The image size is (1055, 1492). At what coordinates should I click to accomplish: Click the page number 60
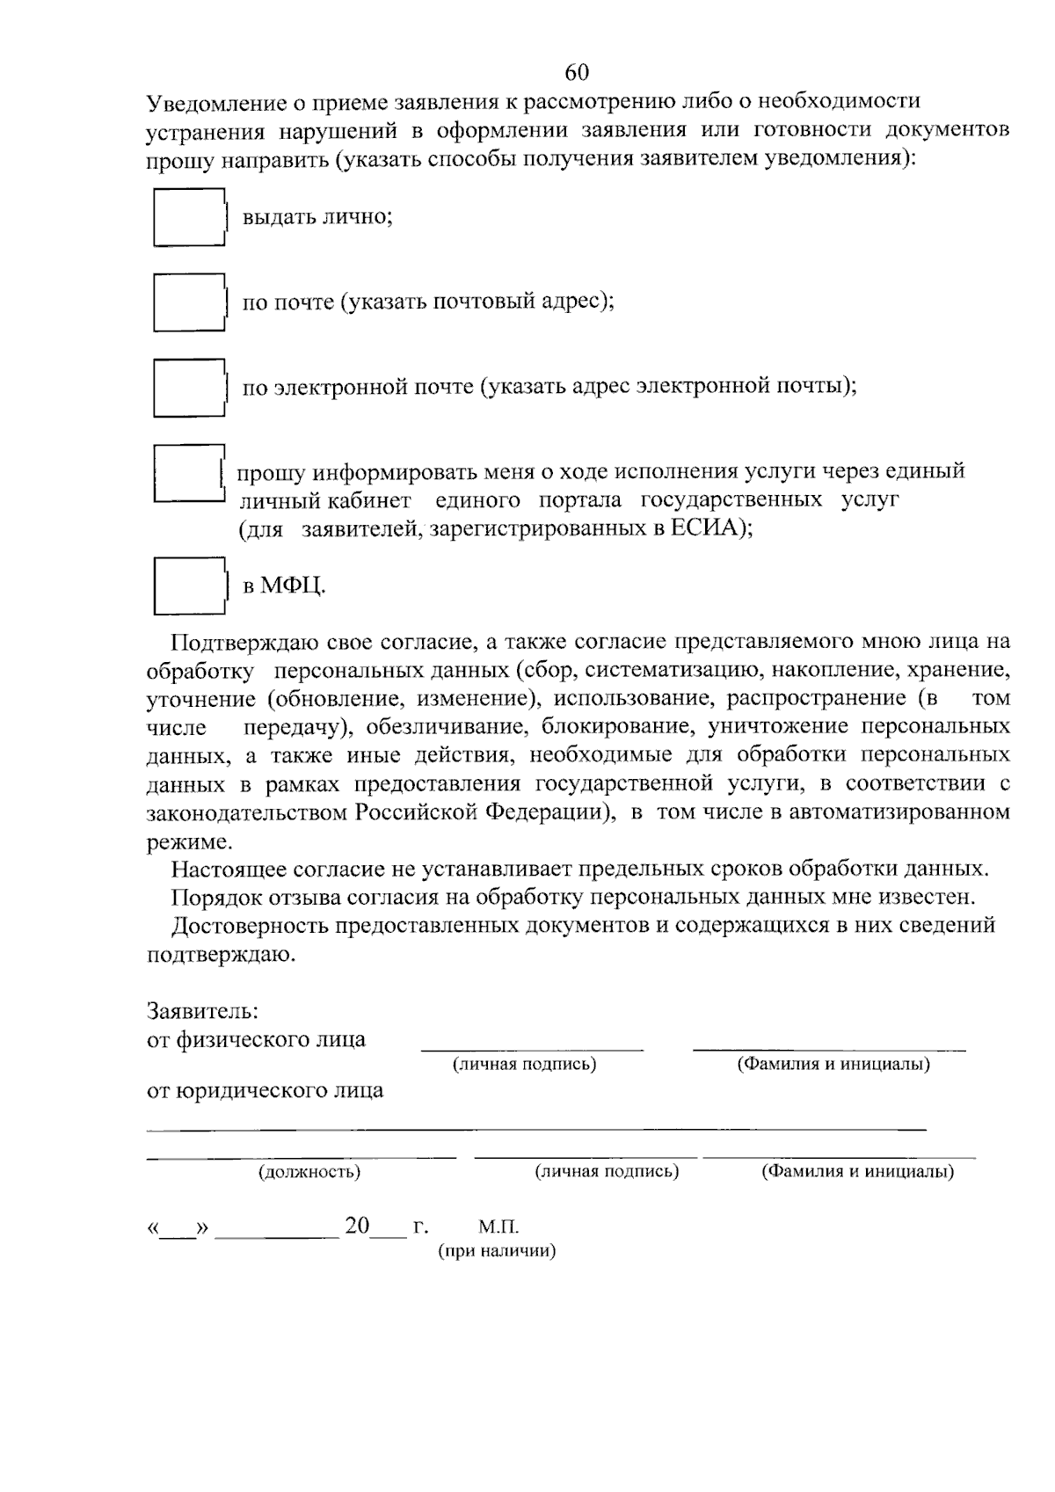click(578, 72)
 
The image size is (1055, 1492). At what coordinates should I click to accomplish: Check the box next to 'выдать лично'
click(187, 217)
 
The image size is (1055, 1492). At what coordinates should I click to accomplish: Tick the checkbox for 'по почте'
click(187, 302)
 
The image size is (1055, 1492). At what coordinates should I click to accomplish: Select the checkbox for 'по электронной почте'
click(187, 388)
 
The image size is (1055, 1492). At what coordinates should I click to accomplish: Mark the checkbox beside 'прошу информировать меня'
click(186, 474)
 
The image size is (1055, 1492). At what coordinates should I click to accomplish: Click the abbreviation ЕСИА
click(708, 528)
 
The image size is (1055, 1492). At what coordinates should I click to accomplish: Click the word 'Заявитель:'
click(201, 1010)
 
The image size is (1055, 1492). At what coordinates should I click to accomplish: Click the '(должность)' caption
click(309, 1172)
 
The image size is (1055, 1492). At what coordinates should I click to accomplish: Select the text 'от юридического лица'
click(265, 1091)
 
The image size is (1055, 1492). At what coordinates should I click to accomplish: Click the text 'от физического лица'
click(256, 1039)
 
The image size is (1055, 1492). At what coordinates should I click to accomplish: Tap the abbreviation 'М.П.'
click(499, 1226)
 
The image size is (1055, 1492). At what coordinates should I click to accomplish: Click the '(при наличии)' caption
click(498, 1251)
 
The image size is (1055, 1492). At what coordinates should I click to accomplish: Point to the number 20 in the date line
click(357, 1226)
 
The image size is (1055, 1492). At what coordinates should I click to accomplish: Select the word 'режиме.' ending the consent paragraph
click(189, 841)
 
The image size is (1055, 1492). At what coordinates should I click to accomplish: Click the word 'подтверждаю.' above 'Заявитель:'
click(221, 954)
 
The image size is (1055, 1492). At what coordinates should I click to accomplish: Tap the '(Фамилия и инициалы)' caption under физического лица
click(833, 1065)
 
